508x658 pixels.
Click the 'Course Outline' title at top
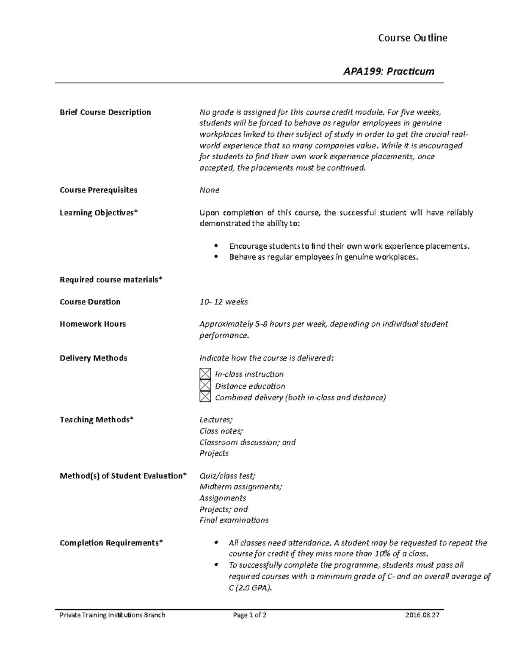click(412, 38)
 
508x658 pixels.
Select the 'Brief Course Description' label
click(105, 112)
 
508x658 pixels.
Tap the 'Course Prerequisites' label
click(98, 190)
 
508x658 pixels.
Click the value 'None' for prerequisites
click(209, 190)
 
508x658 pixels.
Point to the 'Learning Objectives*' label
click(99, 213)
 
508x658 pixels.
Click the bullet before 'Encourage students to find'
click(216, 246)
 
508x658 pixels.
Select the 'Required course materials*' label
click(111, 280)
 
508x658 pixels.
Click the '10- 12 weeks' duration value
click(224, 302)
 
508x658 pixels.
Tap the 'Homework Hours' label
click(93, 324)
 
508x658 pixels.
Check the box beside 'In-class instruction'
click(205, 374)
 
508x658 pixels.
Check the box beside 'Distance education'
click(205, 386)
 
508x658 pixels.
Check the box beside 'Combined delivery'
click(205, 397)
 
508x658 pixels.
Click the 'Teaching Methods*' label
click(97, 419)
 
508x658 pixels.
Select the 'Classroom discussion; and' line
click(247, 442)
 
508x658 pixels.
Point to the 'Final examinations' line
click(234, 520)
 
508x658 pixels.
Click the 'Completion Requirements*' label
click(111, 543)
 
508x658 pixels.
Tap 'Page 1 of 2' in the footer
click(249, 615)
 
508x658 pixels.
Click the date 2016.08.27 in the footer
click(422, 615)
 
